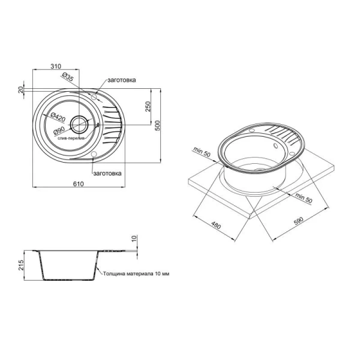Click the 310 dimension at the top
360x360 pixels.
coord(56,66)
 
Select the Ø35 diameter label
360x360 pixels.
coord(68,77)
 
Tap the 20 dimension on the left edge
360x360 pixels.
coord(20,89)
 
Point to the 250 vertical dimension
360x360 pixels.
coord(148,106)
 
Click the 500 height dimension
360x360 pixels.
coord(157,125)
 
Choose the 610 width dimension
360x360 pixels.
coord(79,184)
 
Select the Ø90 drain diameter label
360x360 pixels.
coord(59,131)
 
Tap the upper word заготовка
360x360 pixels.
coord(122,80)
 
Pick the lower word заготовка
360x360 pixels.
coord(107,173)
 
